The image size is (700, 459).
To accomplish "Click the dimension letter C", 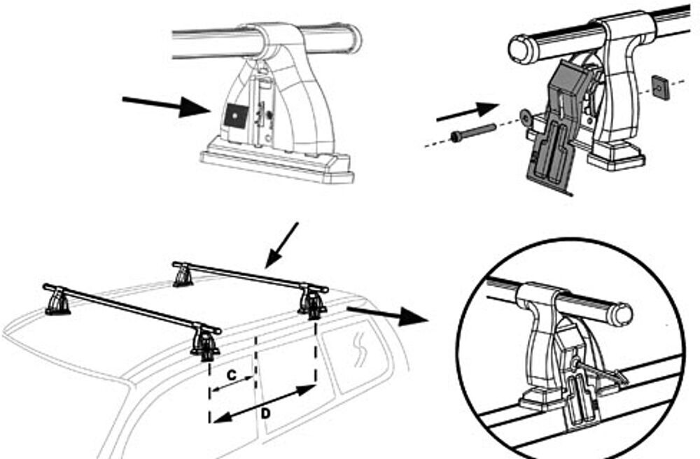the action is point(231,375).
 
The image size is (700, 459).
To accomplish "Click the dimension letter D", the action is point(265,414).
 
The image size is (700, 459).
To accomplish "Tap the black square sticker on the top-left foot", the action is point(236,116).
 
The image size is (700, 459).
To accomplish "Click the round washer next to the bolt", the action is point(526,117).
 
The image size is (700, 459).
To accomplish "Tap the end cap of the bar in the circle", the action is point(622,314).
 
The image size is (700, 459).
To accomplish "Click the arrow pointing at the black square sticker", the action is point(166,105).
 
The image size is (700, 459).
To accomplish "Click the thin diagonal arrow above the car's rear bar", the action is point(281,246).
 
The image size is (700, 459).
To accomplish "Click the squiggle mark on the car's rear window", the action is point(360,350).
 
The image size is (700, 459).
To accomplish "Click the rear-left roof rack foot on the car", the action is point(183,276).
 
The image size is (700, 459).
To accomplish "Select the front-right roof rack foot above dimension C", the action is point(205,344).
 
